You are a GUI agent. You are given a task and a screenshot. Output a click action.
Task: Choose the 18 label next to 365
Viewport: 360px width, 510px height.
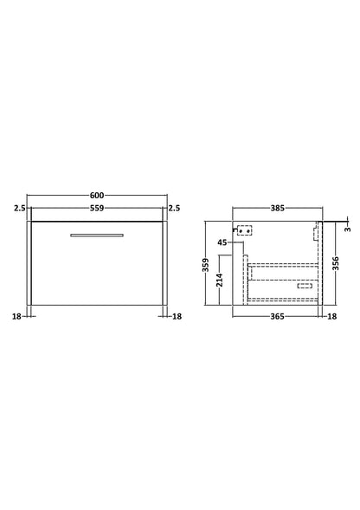[x=331, y=317]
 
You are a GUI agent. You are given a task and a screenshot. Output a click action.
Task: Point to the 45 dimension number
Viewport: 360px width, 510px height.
[x=222, y=243]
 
